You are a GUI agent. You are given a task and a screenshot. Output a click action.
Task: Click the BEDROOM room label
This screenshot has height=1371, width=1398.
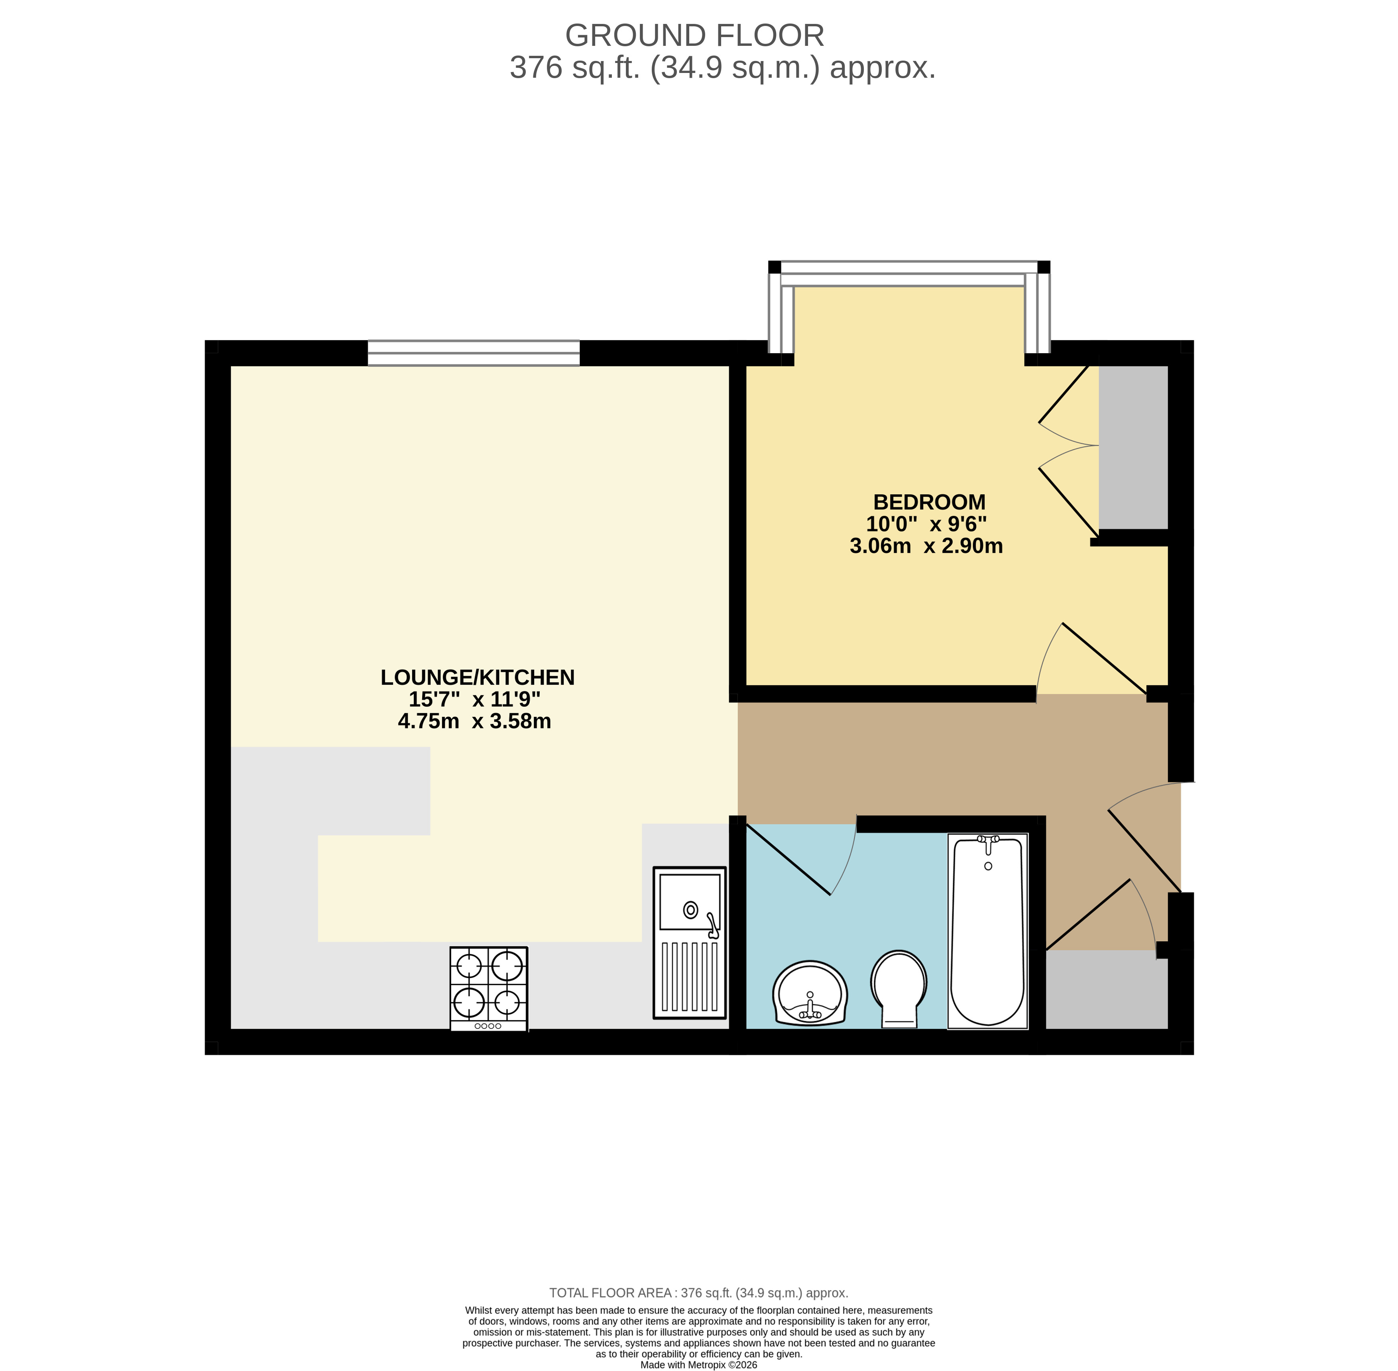(929, 502)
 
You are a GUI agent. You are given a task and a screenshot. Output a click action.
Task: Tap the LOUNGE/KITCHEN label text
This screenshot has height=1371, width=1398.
(477, 678)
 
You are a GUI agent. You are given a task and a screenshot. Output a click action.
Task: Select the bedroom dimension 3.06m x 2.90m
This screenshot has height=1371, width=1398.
(926, 546)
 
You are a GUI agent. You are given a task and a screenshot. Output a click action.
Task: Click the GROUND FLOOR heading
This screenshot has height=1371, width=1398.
(695, 35)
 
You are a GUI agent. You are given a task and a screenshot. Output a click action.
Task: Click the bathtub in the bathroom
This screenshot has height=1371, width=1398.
(988, 930)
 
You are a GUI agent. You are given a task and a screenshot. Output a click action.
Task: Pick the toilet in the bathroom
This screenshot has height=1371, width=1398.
(899, 988)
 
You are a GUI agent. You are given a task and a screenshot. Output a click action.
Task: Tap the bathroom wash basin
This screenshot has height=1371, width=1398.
(810, 992)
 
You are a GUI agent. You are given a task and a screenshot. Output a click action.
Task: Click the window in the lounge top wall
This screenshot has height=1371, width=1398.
(474, 353)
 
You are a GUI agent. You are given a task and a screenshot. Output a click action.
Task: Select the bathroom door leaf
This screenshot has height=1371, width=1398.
(788, 859)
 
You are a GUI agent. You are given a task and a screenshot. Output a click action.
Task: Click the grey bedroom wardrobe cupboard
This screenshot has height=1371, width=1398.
(1133, 447)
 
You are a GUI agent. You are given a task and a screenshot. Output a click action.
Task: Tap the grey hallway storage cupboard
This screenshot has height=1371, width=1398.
(1107, 989)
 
